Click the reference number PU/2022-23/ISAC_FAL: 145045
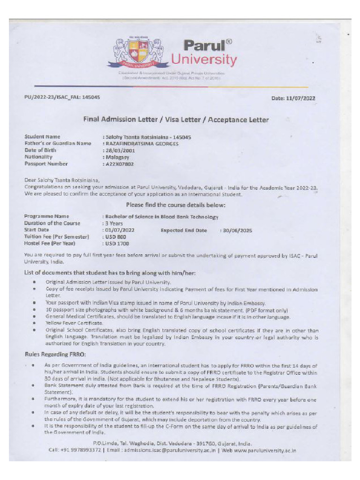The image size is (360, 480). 62,97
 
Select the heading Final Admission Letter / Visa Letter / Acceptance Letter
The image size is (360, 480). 176,120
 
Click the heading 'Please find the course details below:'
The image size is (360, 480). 176,205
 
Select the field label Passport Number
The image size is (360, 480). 46,164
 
